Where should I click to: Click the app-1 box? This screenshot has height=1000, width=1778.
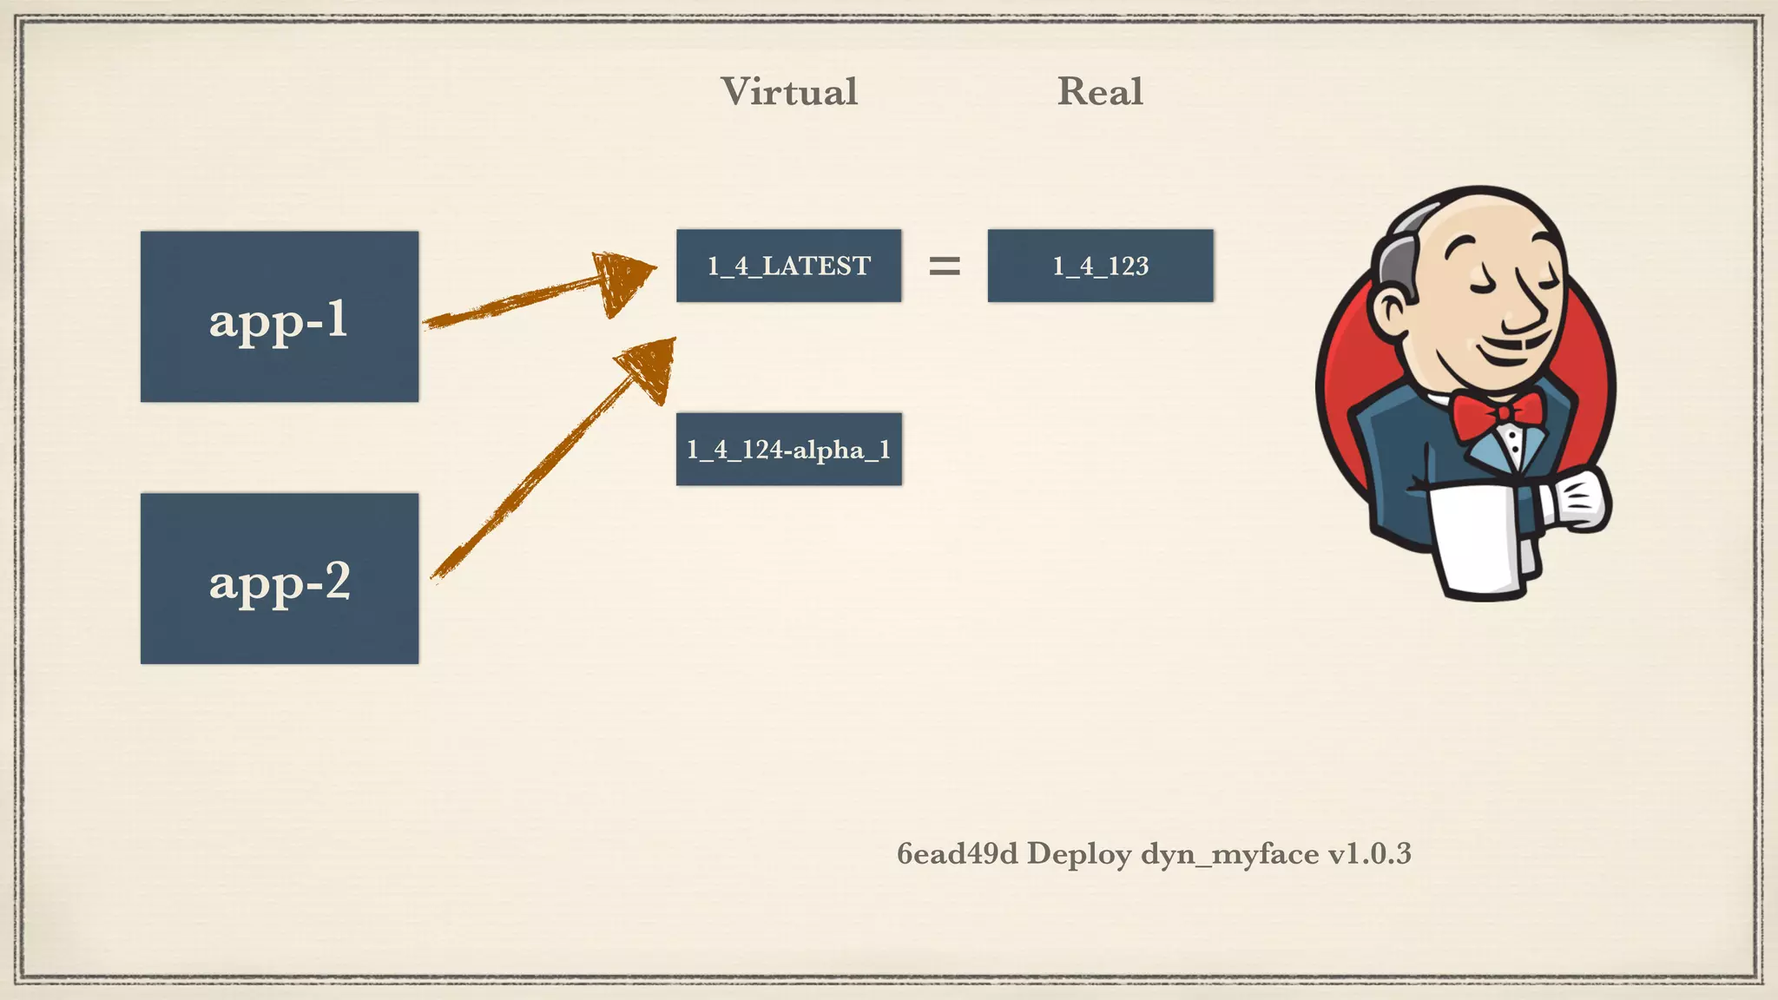point(279,316)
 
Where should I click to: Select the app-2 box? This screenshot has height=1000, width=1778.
point(279,578)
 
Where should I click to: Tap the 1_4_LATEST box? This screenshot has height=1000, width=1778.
point(788,266)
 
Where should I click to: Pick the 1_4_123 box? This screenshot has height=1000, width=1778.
point(1100,266)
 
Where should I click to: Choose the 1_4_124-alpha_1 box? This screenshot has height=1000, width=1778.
point(788,449)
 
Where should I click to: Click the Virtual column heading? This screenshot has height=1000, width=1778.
point(788,92)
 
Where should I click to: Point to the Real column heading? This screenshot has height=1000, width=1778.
point(1100,92)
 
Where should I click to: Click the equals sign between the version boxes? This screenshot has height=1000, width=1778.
point(945,266)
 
